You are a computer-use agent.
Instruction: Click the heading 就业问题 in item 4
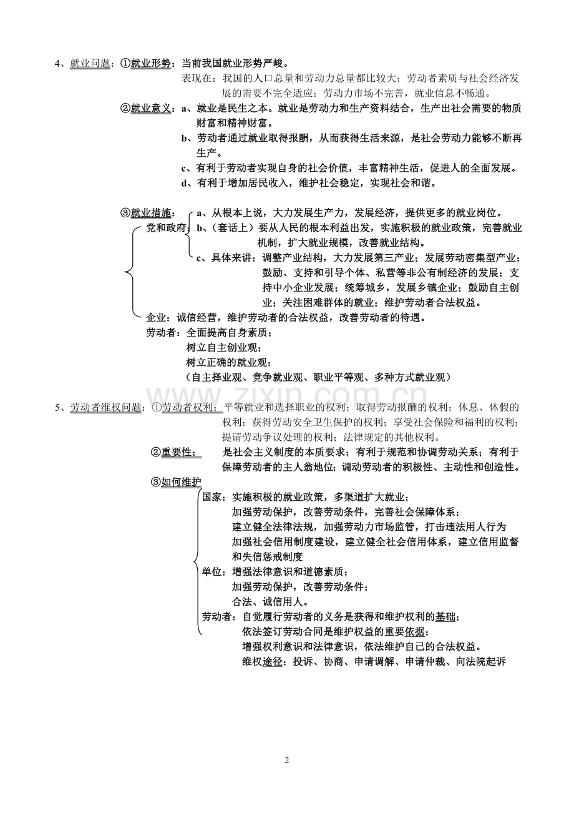tap(90, 64)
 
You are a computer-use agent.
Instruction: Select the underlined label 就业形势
tap(150, 64)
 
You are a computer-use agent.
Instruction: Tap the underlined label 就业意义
tap(150, 109)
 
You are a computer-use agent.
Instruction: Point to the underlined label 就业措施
tap(150, 214)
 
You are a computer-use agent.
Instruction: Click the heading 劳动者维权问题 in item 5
tap(105, 408)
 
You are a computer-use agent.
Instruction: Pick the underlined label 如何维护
tap(181, 483)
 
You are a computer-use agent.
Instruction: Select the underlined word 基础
tap(445, 617)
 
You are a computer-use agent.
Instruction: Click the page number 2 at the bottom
tap(287, 761)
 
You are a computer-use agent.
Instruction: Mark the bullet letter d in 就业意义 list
tap(183, 184)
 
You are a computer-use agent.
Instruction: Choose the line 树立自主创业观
tap(224, 348)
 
